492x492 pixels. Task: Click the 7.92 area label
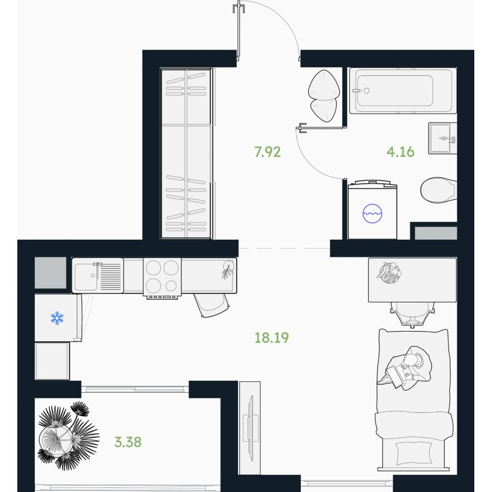tap(267, 152)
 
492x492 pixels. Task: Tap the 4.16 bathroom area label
tap(400, 152)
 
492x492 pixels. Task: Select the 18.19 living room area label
tap(272, 338)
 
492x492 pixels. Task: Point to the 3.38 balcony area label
tap(128, 442)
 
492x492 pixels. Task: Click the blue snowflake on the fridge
tap(57, 318)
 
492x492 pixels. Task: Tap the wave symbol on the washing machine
tap(373, 213)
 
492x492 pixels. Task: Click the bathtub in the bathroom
tap(403, 90)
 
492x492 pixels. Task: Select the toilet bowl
tap(438, 189)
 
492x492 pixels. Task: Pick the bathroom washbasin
tap(442, 138)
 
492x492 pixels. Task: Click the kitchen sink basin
tap(86, 277)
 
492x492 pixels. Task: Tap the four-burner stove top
tap(162, 277)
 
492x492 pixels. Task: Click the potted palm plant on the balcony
tap(68, 435)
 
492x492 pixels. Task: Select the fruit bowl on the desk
tap(389, 273)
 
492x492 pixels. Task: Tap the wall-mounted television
tap(250, 428)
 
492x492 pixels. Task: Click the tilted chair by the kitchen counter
tap(212, 305)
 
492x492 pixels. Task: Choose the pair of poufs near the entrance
tap(324, 95)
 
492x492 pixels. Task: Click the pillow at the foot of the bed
tap(413, 453)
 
